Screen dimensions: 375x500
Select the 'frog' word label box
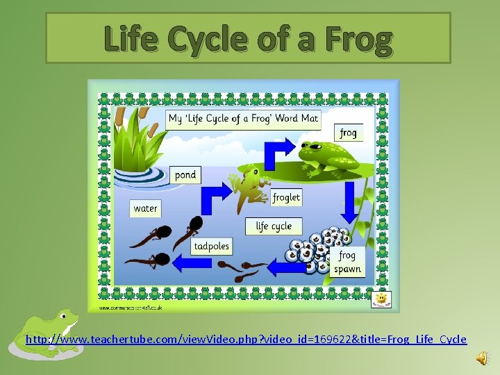[x=349, y=132]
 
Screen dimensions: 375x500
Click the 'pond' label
[x=185, y=175]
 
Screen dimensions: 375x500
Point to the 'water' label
[x=146, y=208]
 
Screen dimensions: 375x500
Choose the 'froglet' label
[x=286, y=197]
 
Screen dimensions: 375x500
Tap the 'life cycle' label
[x=274, y=226]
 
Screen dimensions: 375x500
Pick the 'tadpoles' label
[x=211, y=246]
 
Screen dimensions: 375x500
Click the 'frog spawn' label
[x=347, y=262]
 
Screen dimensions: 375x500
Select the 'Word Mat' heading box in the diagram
[x=243, y=118]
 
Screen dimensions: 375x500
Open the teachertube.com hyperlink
[x=246, y=340]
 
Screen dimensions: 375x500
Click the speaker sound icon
[x=482, y=357]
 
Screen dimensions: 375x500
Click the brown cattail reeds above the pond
[x=131, y=114]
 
